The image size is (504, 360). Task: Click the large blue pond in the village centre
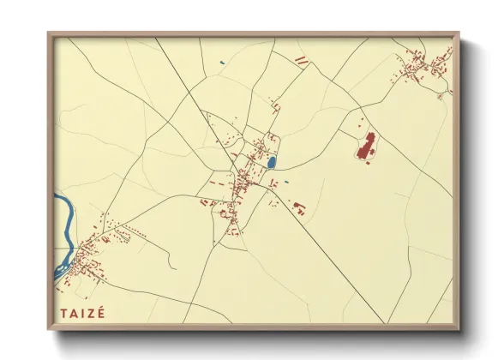point(272,161)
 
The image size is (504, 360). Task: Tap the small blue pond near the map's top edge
point(221,62)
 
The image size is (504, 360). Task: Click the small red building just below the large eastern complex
point(368,162)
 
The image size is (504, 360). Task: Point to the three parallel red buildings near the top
point(302,60)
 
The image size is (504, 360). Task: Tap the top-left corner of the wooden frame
point(49,34)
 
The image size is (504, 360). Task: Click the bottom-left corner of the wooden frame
point(49,329)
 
